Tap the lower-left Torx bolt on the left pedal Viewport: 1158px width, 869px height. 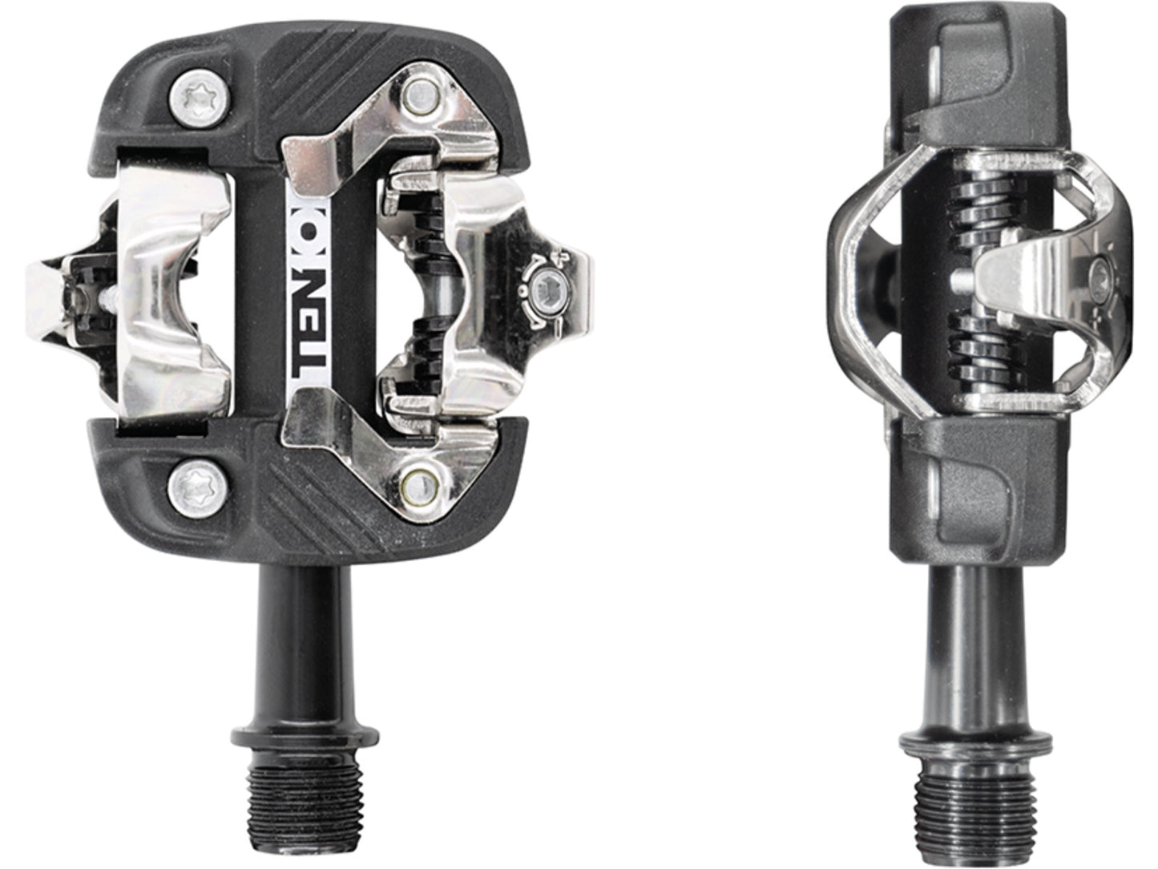(x=196, y=483)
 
